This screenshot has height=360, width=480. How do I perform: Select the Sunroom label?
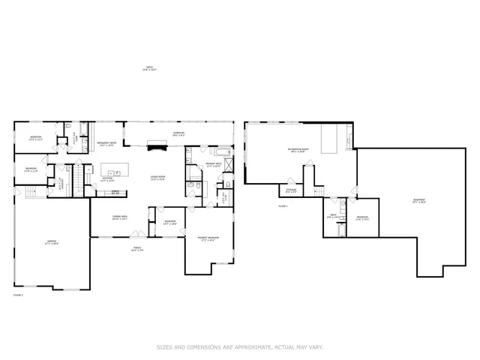178,133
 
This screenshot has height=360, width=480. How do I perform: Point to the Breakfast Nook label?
106,144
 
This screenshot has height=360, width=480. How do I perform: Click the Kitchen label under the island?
107,179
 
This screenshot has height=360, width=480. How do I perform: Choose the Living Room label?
157,178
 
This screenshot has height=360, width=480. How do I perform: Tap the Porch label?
138,249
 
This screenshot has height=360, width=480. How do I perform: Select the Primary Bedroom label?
207,239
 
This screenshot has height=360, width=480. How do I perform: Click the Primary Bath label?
212,164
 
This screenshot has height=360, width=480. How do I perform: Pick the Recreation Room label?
299,151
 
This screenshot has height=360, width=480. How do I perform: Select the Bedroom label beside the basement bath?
362,218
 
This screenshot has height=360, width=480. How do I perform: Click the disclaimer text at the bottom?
239,347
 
